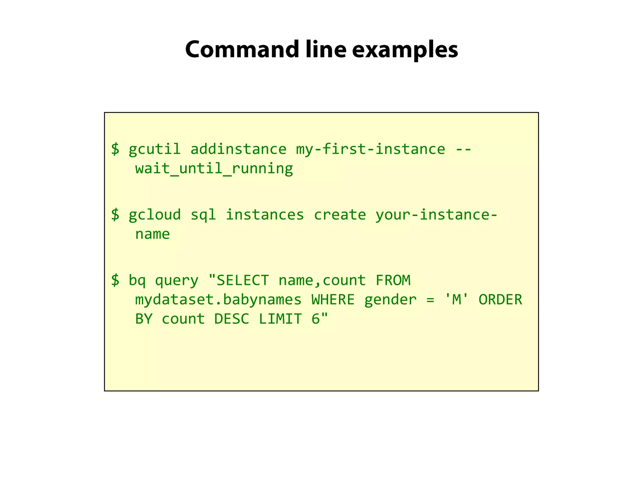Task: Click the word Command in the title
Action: coord(242,50)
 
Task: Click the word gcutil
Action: coord(154,149)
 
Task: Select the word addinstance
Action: coord(238,149)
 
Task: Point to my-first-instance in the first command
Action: coord(370,149)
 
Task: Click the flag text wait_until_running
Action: coord(214,169)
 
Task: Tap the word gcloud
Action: coord(154,215)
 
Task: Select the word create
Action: coord(340,215)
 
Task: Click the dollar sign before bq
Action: coord(115,280)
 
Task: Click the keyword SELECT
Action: coord(242,280)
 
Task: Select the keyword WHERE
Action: coord(333,300)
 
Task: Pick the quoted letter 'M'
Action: coord(457,299)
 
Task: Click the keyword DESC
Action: coord(232,319)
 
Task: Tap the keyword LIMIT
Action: coord(280,319)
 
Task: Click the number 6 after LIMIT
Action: coord(316,319)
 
